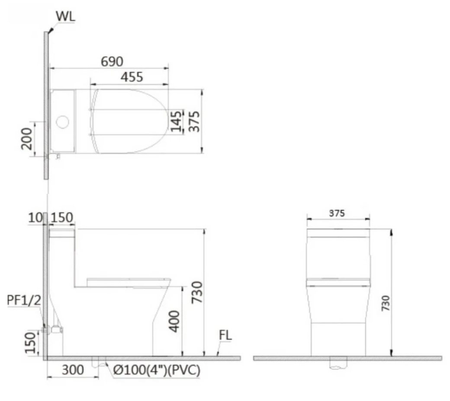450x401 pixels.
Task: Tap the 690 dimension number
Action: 112,61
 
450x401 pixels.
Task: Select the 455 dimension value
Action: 132,77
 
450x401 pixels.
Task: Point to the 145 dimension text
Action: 176,122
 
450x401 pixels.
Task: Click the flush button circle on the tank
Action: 63,122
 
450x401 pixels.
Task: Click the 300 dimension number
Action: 72,370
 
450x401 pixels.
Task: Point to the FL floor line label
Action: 225,336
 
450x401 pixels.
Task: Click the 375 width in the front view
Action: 337,213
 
